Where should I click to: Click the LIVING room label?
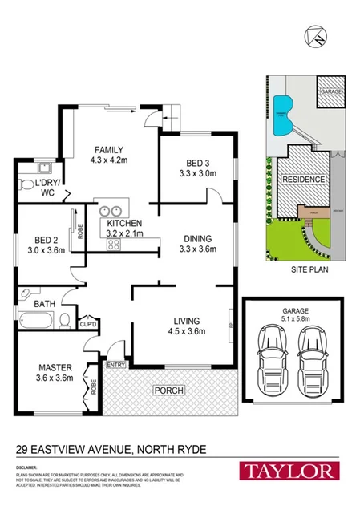coord(184,321)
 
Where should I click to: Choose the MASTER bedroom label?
coord(55,369)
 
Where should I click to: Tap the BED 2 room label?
coord(44,239)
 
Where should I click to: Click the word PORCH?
coord(170,391)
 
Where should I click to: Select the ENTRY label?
coord(116,365)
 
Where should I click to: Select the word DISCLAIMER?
coord(26,465)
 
